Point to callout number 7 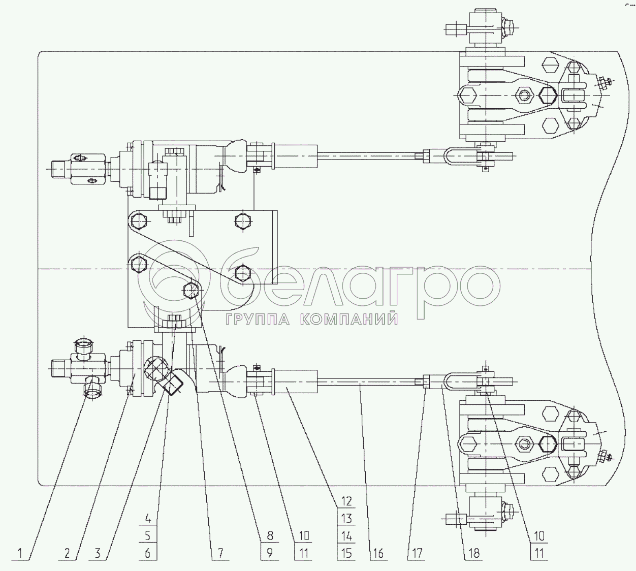point(220,553)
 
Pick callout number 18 point(473,553)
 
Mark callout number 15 point(346,553)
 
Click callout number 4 point(148,519)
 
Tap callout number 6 point(148,553)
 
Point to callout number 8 point(269,535)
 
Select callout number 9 point(269,553)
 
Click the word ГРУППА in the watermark point(256,319)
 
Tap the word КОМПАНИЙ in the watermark point(348,319)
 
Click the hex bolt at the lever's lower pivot point(190,290)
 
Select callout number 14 point(346,535)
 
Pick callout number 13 point(346,519)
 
